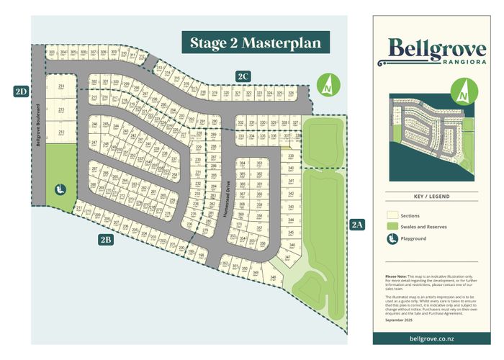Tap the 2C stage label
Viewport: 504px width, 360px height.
[243, 76]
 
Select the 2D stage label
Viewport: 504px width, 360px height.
[20, 91]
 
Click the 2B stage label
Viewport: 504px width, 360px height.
[106, 240]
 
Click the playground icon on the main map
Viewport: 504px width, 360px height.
[61, 190]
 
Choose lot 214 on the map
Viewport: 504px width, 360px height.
[61, 86]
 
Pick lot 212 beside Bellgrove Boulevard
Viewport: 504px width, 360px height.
[61, 133]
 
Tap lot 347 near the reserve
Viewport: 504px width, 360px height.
[288, 257]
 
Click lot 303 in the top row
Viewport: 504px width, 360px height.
[52, 53]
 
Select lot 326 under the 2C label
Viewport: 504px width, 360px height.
[291, 94]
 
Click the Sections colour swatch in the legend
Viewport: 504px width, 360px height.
[392, 215]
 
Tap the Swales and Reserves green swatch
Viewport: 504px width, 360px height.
[392, 227]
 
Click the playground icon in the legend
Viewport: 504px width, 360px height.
[392, 238]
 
